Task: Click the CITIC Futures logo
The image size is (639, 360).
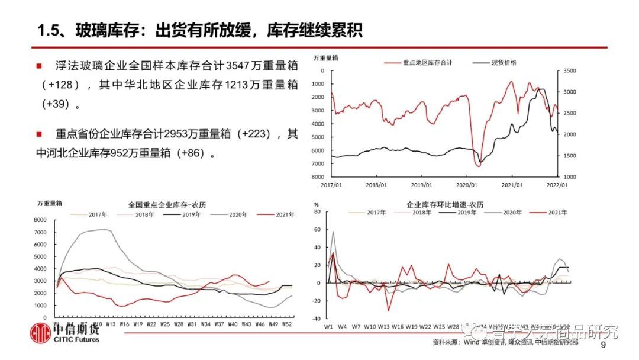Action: point(65,333)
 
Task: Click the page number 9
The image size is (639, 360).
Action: point(603,346)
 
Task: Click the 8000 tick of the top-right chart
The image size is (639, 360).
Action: point(318,177)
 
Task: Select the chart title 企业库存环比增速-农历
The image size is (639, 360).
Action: point(445,204)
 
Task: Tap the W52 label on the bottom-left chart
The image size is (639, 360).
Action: point(287,324)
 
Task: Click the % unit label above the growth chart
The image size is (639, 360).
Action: point(315,204)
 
